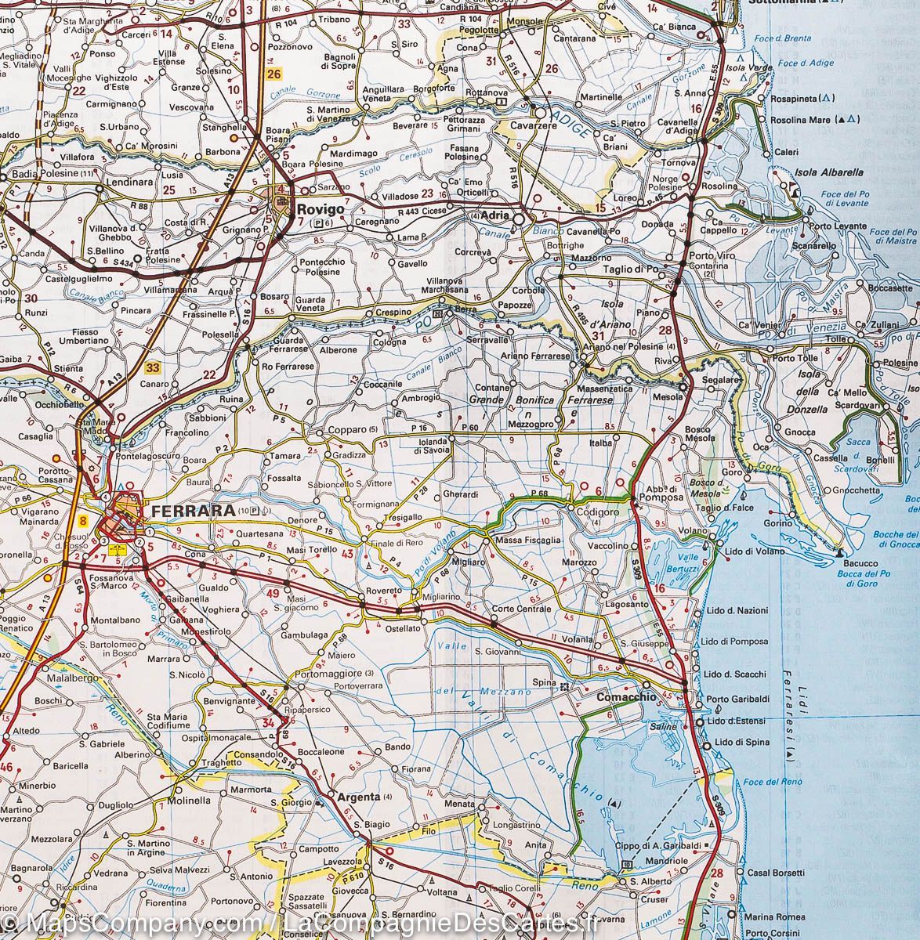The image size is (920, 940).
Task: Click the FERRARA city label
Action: pyautogui.click(x=185, y=511)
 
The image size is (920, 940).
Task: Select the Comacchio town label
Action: pyautogui.click(x=625, y=696)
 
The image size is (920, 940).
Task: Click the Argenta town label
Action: pyautogui.click(x=358, y=797)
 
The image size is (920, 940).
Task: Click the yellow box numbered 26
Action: pyautogui.click(x=273, y=74)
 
